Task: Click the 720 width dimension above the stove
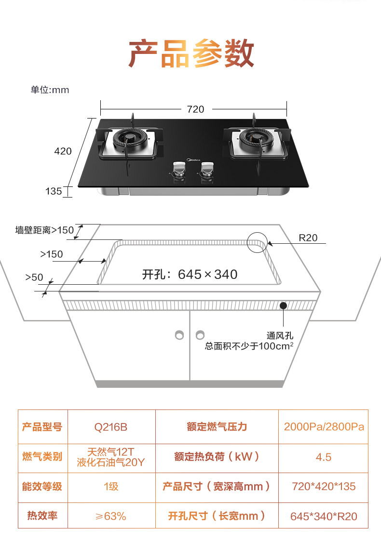point(195,109)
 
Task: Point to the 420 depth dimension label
point(63,151)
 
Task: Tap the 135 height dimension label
point(54,191)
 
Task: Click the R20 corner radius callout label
point(308,237)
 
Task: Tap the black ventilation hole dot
point(283,305)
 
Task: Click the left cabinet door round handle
point(179,334)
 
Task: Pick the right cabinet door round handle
point(200,334)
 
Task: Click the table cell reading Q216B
point(111,427)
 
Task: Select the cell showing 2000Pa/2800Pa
point(324,427)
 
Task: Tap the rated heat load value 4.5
point(324,457)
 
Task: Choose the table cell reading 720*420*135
point(324,487)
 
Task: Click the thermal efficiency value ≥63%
point(111,516)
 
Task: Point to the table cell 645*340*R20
point(324,516)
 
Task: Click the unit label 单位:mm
point(50,90)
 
